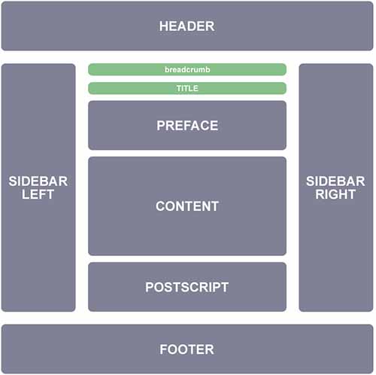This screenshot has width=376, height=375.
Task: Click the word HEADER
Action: (x=186, y=26)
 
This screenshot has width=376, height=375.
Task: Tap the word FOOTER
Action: (x=186, y=349)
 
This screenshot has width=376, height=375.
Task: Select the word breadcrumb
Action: (x=187, y=69)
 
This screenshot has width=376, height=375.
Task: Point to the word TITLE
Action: (x=187, y=88)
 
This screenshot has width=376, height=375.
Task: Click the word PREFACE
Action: (x=187, y=126)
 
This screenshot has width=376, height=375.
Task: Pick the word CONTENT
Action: (x=187, y=206)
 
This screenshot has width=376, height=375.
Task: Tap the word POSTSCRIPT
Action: (x=187, y=287)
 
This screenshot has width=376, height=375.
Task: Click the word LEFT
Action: (x=38, y=194)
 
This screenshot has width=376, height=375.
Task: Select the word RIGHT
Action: (x=335, y=194)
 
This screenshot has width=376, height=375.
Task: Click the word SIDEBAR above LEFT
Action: (x=38, y=181)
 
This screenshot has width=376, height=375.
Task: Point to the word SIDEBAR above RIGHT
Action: (x=335, y=181)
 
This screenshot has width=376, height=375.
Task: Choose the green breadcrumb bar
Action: (x=187, y=69)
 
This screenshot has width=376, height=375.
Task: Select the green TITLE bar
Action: (x=187, y=88)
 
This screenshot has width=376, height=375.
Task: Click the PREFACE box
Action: (x=187, y=125)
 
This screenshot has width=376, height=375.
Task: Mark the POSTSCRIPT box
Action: (x=187, y=287)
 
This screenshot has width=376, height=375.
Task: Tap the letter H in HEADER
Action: (x=163, y=26)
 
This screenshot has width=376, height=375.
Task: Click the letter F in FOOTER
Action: (x=164, y=349)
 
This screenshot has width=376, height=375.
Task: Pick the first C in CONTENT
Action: (x=161, y=206)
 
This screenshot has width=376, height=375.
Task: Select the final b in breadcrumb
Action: (x=208, y=69)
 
